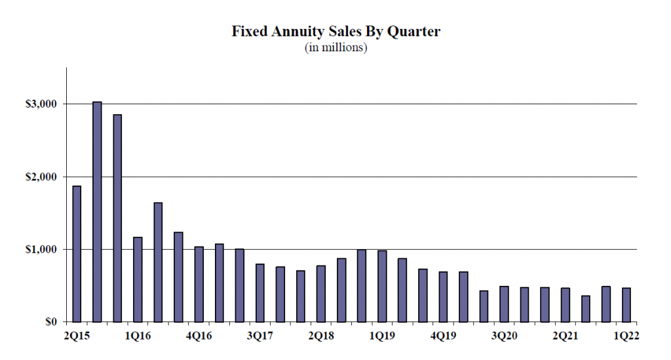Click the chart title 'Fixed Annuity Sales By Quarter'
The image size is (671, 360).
[335, 31]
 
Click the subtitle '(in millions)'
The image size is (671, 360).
[335, 48]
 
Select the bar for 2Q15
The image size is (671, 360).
[77, 254]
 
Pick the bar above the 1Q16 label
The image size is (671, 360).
[138, 279]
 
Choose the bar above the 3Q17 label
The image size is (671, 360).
[259, 292]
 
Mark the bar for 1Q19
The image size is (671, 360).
[381, 286]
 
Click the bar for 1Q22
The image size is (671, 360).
[625, 305]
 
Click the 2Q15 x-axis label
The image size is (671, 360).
[77, 336]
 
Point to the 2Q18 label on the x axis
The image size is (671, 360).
[320, 336]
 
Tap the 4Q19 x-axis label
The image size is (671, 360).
[443, 336]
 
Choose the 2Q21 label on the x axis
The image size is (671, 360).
[565, 336]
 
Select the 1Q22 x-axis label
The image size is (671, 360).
[625, 336]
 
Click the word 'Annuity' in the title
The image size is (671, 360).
[292, 31]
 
